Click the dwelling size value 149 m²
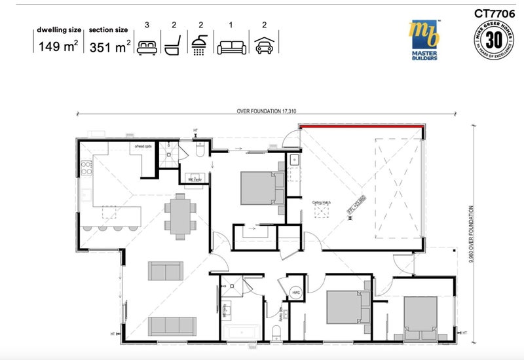tap(57, 46)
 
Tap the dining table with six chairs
tap(179, 215)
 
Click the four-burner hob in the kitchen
tap(84, 170)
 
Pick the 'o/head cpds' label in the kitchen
tap(143, 146)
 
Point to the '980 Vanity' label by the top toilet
tap(194, 179)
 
